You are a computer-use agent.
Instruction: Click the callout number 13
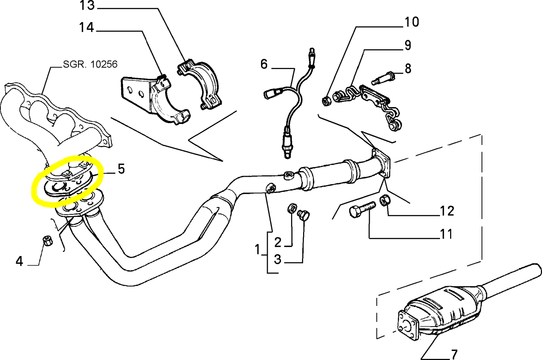tap(87, 6)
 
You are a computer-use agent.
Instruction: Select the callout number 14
tap(86, 27)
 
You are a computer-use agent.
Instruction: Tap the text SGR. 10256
tap(90, 64)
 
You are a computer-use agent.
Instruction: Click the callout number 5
tap(121, 169)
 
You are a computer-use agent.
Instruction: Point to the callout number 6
tap(264, 64)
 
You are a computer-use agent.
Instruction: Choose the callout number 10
tap(411, 22)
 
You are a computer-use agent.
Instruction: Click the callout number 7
tap(454, 354)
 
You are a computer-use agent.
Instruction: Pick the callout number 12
tap(447, 211)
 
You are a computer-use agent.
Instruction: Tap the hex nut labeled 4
tap(47, 240)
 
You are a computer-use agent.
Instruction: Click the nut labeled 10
tap(326, 100)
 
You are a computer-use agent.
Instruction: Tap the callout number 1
tap(257, 249)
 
